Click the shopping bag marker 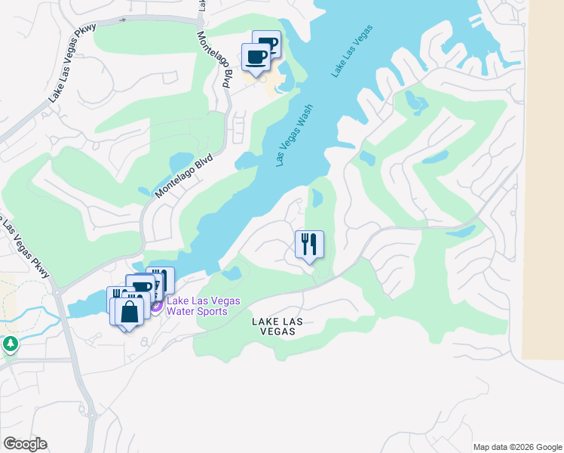tap(129, 313)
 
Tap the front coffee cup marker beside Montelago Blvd tap(256, 58)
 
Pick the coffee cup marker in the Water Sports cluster tap(142, 288)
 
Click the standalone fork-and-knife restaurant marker tap(309, 245)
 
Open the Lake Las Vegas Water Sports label tap(203, 306)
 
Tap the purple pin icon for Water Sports tap(156, 306)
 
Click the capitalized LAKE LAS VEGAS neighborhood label tap(277, 326)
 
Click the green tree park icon tap(10, 345)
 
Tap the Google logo tap(25, 444)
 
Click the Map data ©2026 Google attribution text tap(516, 447)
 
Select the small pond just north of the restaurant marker tap(317, 199)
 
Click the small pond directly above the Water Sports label tap(232, 272)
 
